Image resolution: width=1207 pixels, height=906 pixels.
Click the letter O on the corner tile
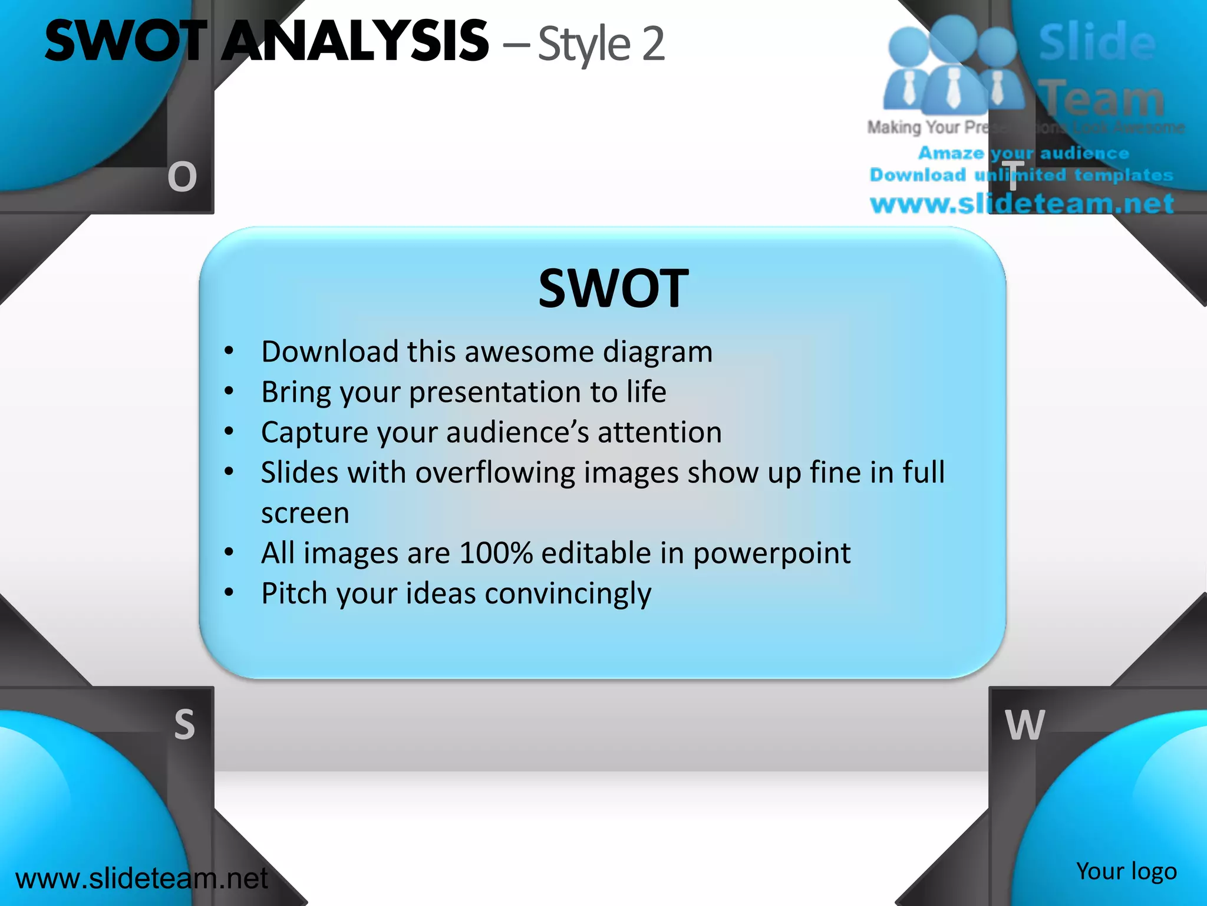182,177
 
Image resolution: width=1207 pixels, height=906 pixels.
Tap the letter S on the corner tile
184,724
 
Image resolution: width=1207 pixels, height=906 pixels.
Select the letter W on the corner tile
1025,725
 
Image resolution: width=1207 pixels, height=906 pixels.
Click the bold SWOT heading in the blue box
613,288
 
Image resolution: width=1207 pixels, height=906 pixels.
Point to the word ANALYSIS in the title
355,41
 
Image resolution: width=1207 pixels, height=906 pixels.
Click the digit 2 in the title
653,44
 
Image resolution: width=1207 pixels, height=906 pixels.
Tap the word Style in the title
584,45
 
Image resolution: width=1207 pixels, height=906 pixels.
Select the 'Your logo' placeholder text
1126,871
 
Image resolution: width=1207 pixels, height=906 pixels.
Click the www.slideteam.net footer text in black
141,878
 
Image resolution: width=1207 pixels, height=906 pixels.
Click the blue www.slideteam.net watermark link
1022,203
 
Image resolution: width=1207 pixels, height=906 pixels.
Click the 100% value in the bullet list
496,553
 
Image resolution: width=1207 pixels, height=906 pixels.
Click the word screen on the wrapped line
305,513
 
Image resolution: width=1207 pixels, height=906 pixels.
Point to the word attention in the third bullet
659,432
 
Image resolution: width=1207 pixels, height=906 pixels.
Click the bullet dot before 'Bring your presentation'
229,391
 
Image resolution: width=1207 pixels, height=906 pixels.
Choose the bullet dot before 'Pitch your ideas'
229,592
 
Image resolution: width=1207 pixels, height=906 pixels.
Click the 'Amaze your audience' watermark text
1024,153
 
